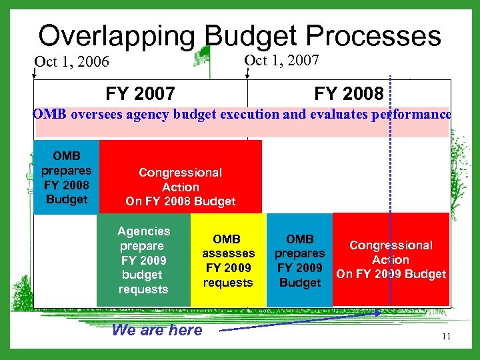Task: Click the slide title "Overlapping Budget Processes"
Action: point(239,35)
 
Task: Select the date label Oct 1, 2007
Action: point(282,61)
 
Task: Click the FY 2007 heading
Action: point(140,93)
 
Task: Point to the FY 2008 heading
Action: point(349,93)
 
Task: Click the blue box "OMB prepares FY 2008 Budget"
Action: point(66,177)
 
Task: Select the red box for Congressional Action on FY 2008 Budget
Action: point(180,177)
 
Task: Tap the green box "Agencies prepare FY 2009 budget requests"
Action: point(143,260)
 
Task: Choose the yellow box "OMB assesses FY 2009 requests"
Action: point(228,260)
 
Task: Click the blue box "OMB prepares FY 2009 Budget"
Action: point(299,260)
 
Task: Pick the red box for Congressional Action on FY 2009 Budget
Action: point(391,260)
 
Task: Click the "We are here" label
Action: point(157,330)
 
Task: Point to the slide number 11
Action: point(446,337)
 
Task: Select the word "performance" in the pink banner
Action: point(413,114)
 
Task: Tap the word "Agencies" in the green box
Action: point(143,231)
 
